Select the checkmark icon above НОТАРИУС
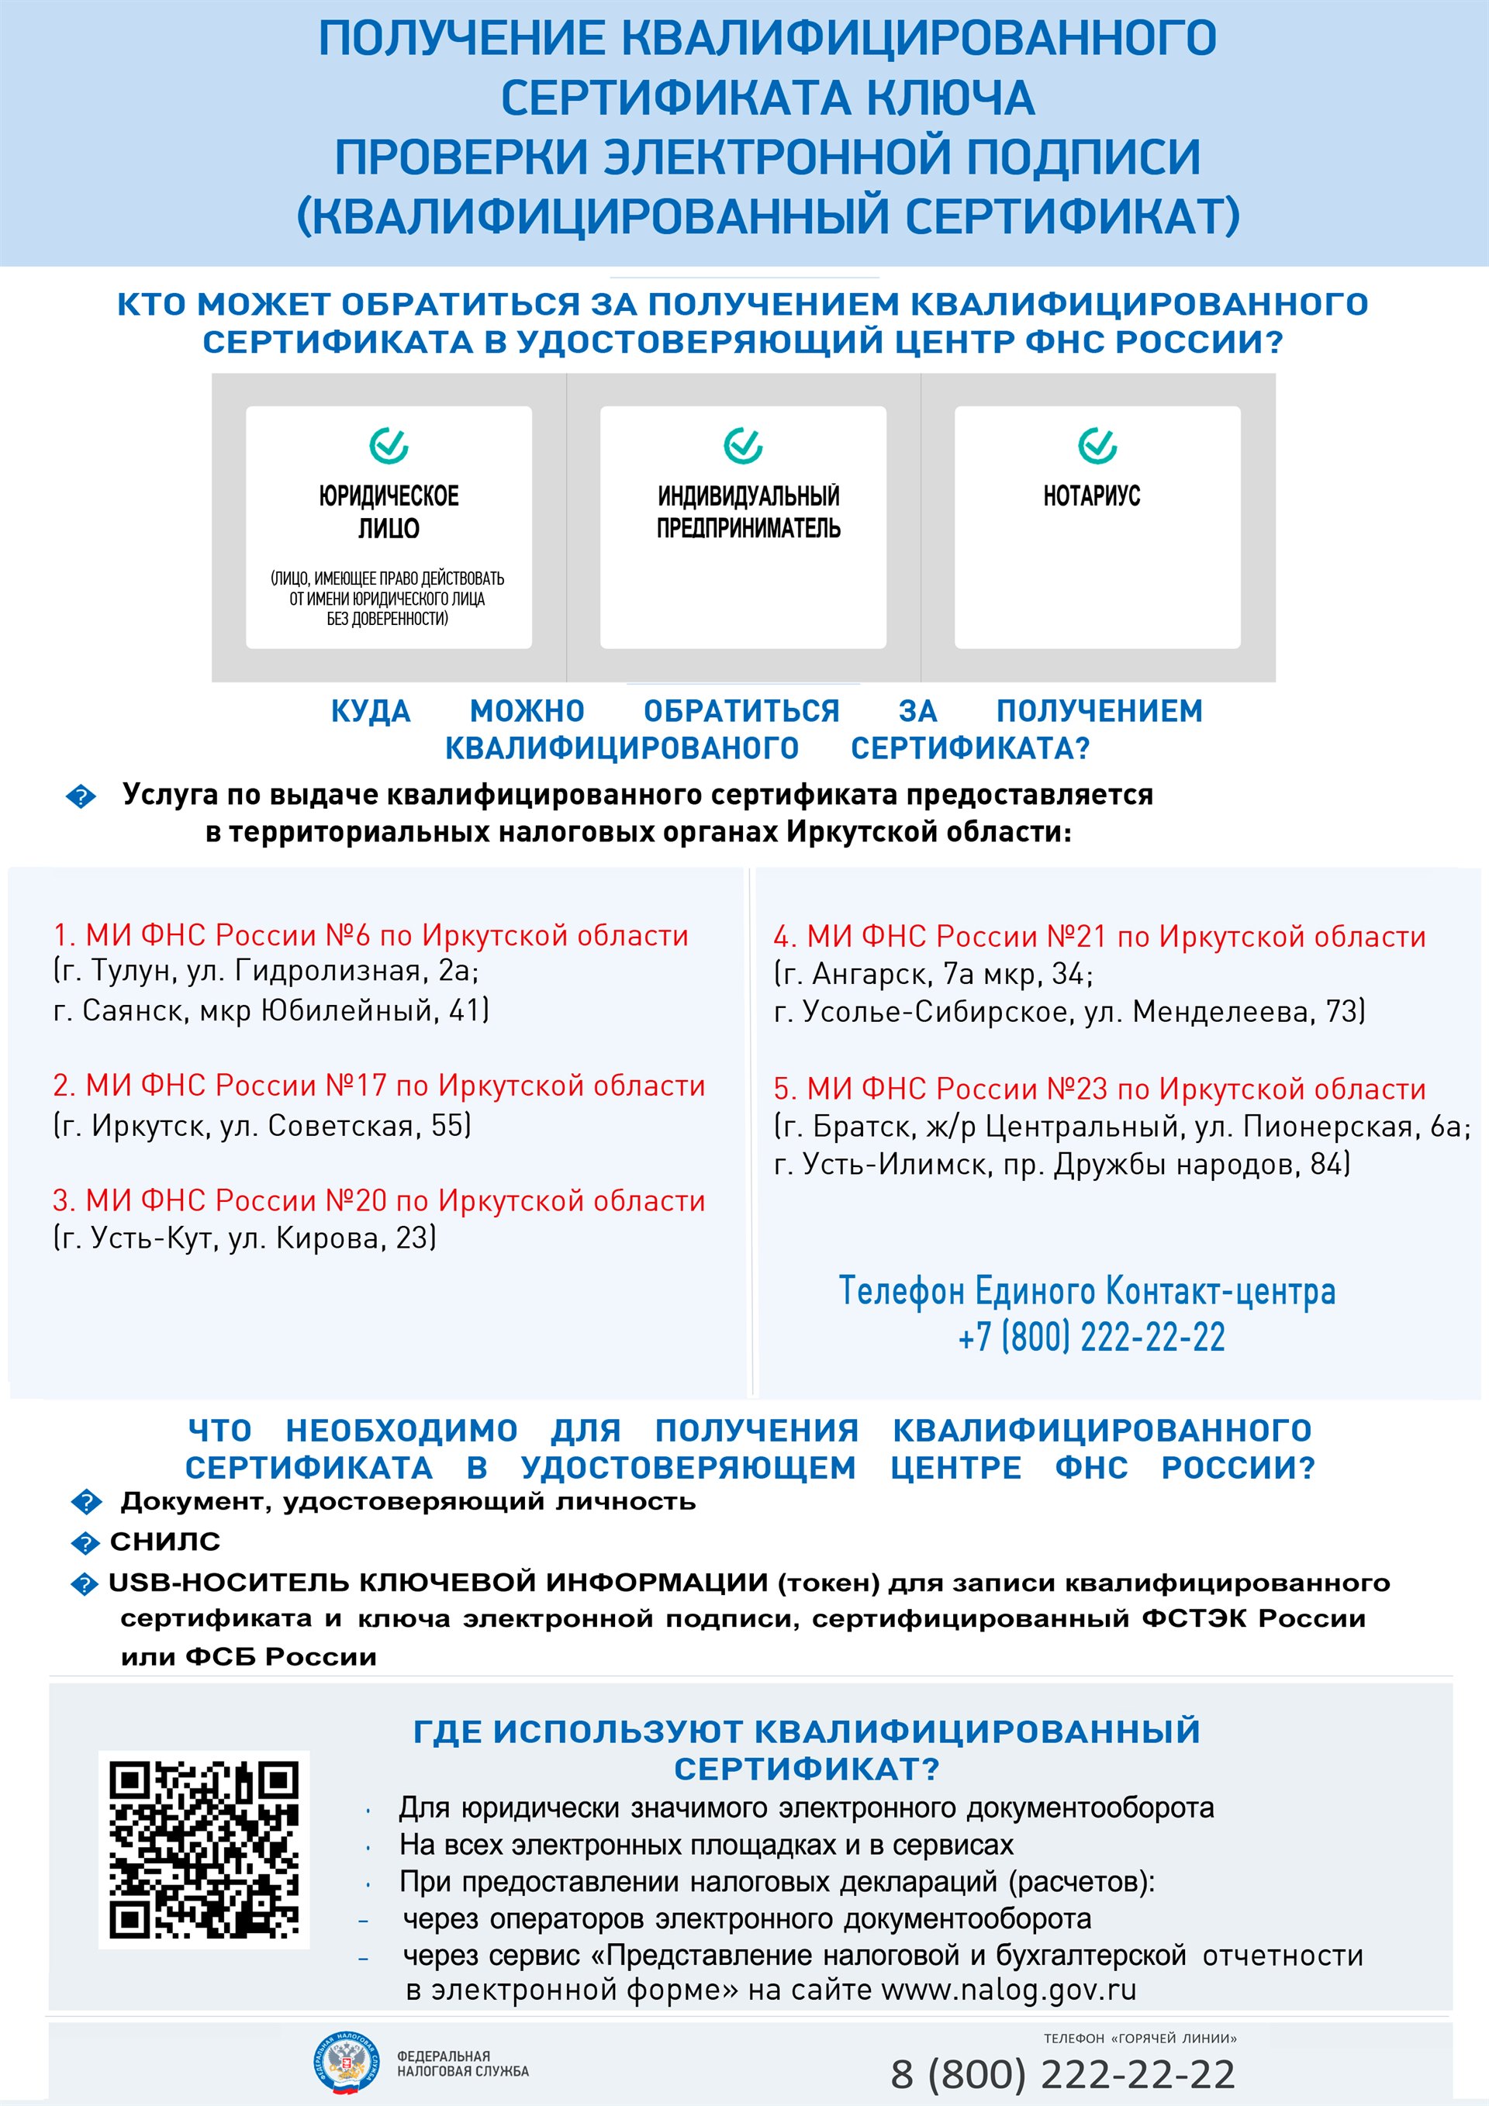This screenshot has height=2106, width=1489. (x=1097, y=446)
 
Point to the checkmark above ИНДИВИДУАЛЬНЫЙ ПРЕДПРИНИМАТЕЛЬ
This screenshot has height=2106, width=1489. (x=742, y=446)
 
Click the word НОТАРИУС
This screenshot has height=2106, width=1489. (x=1091, y=496)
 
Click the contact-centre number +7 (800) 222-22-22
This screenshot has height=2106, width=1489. (x=1091, y=1338)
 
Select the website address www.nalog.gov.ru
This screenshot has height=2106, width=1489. (x=1008, y=1990)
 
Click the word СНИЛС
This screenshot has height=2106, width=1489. (x=165, y=1542)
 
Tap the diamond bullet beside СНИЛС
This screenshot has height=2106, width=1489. (x=85, y=1544)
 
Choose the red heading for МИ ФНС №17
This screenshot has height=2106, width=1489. (x=379, y=1086)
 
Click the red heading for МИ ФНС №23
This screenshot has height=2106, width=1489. (x=1099, y=1089)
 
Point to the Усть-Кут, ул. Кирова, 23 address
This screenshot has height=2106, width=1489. (x=245, y=1238)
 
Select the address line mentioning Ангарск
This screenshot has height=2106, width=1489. (x=933, y=974)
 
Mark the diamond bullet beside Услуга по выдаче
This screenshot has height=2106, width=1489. (x=81, y=796)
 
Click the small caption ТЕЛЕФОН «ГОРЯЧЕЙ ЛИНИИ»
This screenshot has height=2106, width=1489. (x=1139, y=2038)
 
